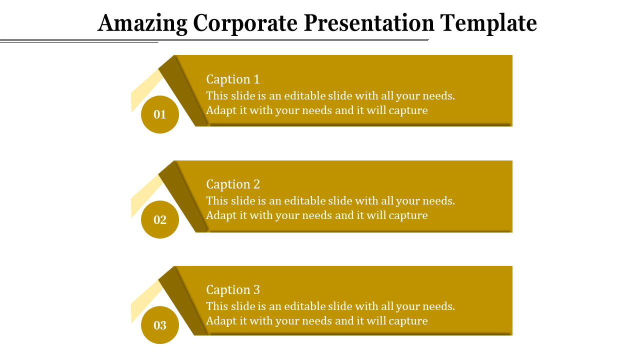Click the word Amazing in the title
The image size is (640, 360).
click(x=142, y=23)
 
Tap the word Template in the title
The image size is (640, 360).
click(x=488, y=23)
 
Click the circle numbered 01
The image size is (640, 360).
click(x=160, y=114)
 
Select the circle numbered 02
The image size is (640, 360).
click(x=160, y=219)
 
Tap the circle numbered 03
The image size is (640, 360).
click(x=160, y=325)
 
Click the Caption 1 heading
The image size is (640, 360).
click(x=233, y=79)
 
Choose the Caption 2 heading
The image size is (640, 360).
click(x=233, y=184)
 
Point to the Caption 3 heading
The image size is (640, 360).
click(x=233, y=290)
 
